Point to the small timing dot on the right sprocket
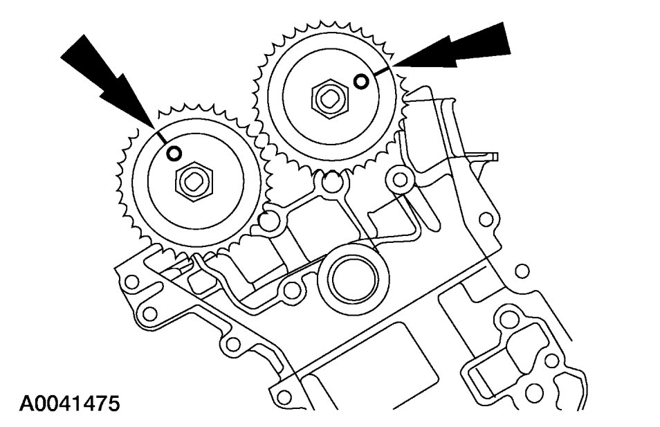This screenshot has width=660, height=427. [x=361, y=82]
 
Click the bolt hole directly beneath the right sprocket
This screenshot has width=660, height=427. [x=331, y=183]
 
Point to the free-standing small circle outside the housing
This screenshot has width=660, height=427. [x=522, y=270]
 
